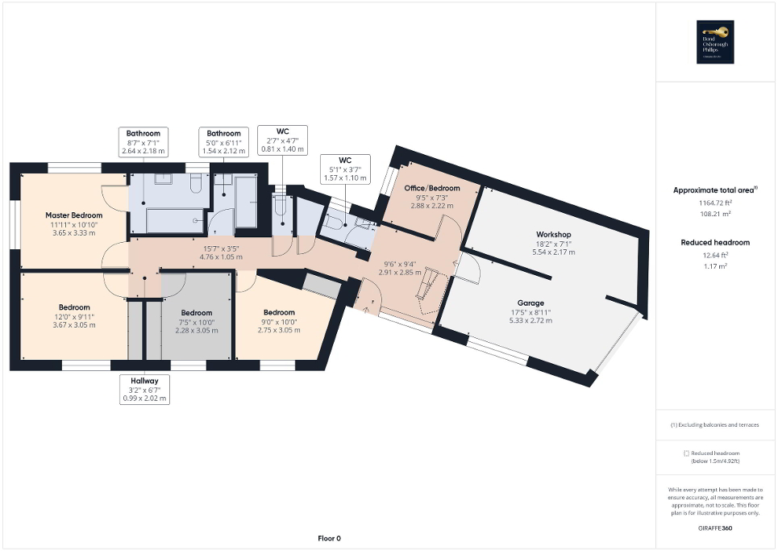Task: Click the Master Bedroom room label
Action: (x=74, y=215)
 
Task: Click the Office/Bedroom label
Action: (x=431, y=188)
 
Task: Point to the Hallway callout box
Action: (x=144, y=389)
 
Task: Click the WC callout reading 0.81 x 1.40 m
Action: (x=281, y=140)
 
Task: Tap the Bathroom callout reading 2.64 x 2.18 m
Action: (x=143, y=142)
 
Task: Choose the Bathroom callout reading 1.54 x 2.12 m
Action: (x=223, y=142)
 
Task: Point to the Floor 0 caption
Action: (x=329, y=538)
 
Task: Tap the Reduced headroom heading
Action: (x=715, y=242)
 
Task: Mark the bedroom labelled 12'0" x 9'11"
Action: (x=74, y=316)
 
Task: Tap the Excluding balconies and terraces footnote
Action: (x=715, y=424)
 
